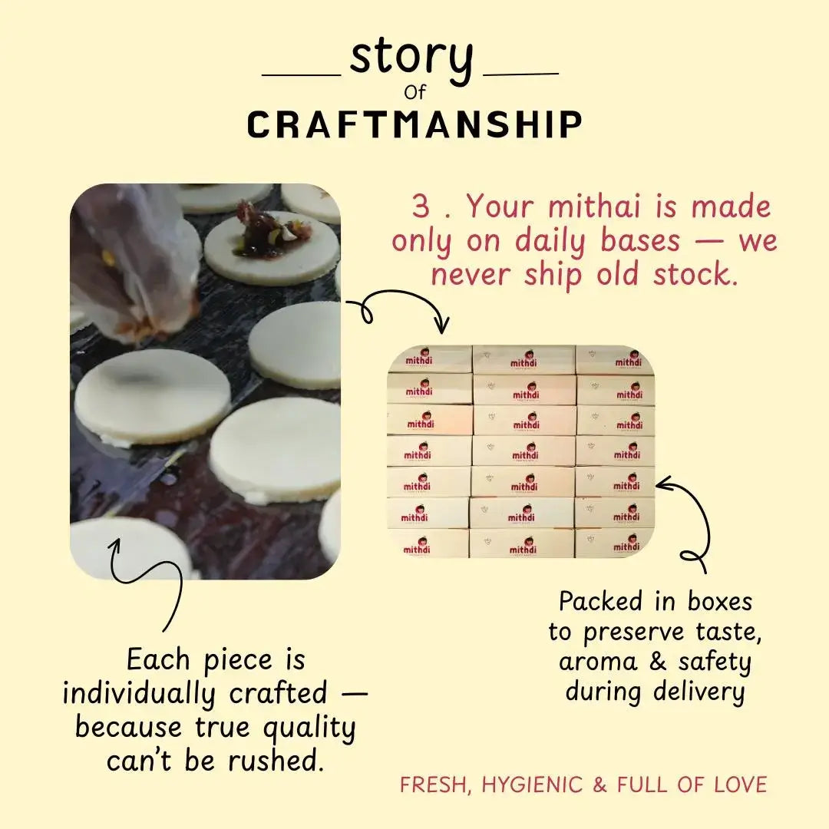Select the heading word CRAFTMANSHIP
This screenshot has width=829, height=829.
414,125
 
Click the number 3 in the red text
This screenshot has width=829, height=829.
421,207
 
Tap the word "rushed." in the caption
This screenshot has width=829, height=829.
276,761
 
